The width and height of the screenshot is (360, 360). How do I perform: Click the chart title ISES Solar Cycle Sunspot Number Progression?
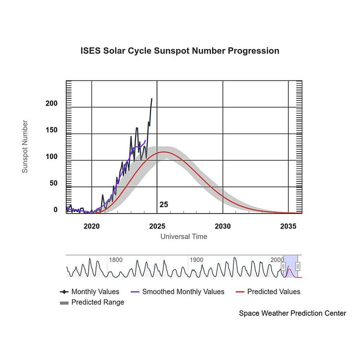(180, 51)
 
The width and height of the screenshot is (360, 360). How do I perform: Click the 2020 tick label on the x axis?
(92, 226)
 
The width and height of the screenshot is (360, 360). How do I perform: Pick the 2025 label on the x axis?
(157, 226)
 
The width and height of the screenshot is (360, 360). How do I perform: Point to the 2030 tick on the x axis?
(223, 226)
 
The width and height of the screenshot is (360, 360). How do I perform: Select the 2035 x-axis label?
(288, 226)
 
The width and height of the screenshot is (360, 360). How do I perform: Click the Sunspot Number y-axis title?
(25, 147)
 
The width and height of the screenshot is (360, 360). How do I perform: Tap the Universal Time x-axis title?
(184, 236)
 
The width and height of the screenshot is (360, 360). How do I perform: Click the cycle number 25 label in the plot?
(164, 204)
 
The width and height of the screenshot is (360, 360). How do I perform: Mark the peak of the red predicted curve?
(164, 152)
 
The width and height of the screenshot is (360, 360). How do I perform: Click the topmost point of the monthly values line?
(152, 99)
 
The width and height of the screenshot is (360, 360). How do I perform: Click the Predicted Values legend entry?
(268, 291)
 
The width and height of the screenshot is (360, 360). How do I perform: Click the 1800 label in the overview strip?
(116, 260)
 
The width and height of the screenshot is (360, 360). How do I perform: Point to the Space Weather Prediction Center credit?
(292, 313)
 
